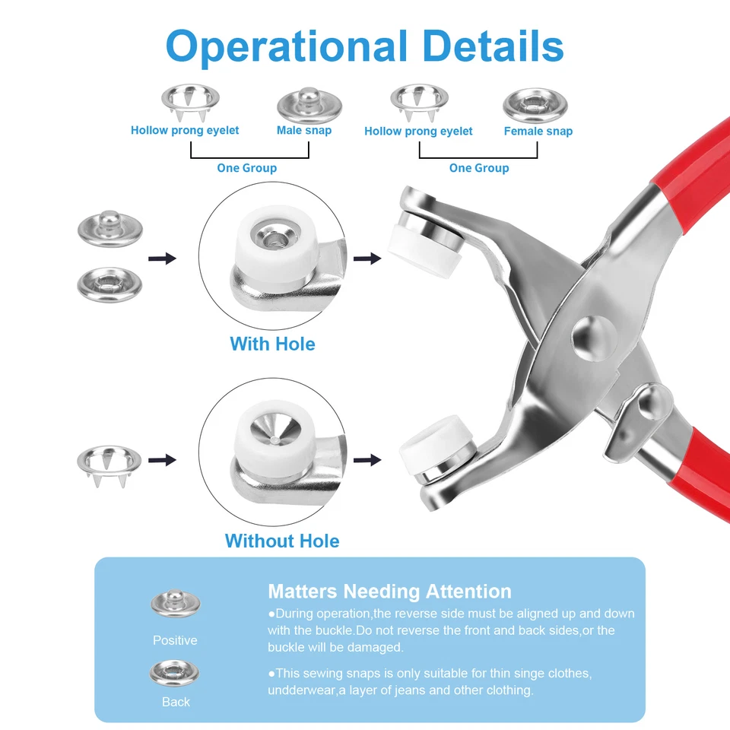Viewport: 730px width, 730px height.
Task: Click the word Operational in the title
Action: [x=286, y=46]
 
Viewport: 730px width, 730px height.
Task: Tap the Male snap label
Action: [x=304, y=130]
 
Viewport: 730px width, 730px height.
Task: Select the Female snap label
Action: [x=538, y=131]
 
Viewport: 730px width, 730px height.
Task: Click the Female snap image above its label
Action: [x=535, y=103]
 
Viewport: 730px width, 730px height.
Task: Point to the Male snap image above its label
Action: [x=309, y=104]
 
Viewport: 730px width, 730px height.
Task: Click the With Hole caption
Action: [x=272, y=344]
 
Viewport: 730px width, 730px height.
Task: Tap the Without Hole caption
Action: [x=282, y=541]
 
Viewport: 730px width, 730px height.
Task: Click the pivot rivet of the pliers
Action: [x=591, y=332]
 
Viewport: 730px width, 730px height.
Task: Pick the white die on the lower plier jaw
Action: [x=430, y=452]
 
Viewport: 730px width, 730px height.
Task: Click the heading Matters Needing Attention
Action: [x=389, y=592]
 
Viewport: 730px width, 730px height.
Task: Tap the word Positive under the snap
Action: [x=175, y=640]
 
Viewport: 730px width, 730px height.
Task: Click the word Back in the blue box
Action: [x=176, y=702]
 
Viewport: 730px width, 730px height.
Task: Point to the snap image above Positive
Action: [x=176, y=604]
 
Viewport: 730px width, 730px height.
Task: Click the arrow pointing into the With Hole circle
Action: [x=162, y=259]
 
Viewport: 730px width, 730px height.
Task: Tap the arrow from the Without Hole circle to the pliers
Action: [x=367, y=459]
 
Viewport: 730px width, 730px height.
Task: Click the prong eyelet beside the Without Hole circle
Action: [x=109, y=462]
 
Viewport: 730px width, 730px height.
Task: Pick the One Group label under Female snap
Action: [x=479, y=168]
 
